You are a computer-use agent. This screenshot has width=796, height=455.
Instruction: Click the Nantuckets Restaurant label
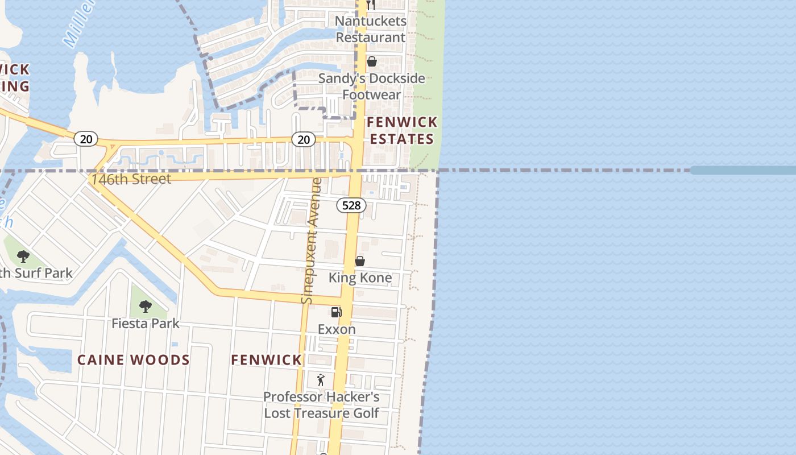[x=371, y=29]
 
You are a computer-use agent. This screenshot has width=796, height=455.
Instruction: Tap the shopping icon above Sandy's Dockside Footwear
[x=372, y=61]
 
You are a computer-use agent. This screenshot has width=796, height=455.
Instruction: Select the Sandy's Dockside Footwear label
[x=371, y=86]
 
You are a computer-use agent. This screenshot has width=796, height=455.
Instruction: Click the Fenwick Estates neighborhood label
[x=402, y=130]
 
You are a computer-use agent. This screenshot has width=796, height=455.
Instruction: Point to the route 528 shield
[x=351, y=205]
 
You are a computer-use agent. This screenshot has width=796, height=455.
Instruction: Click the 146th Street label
[x=131, y=179]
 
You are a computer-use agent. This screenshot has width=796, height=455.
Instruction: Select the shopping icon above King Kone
[x=360, y=261]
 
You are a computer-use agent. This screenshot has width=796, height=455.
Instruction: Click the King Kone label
[x=360, y=278]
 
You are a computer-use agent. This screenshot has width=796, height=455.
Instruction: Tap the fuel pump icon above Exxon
[x=336, y=312]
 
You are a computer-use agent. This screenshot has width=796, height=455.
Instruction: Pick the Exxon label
[x=337, y=329]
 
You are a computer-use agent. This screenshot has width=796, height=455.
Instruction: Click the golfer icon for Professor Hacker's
[x=321, y=380]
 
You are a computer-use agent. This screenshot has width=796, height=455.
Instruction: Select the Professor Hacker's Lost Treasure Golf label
[x=321, y=405]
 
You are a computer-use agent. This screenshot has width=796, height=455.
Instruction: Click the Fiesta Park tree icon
[x=146, y=307]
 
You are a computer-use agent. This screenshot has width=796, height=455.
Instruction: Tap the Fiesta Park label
[x=146, y=324]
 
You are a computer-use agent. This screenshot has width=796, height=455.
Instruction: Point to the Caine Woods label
[x=134, y=360]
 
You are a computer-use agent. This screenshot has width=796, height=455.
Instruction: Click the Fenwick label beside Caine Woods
[x=267, y=360]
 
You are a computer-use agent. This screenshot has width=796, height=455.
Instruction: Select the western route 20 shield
[x=86, y=139]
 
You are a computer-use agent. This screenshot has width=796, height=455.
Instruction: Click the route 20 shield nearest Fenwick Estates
[x=304, y=139]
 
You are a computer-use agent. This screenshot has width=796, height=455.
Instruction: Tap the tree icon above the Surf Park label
[x=23, y=256]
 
